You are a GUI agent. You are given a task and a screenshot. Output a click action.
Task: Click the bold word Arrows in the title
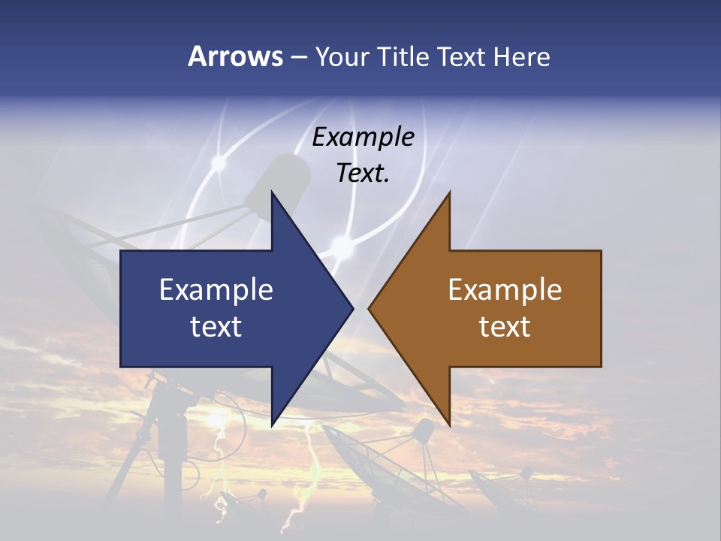point(235,56)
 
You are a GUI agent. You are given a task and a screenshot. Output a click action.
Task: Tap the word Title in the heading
point(405,56)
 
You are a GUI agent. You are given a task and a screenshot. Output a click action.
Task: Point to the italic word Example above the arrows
point(364,137)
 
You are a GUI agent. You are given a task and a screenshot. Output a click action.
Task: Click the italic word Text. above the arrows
point(364,173)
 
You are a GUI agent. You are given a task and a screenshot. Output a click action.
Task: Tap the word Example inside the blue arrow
point(216,289)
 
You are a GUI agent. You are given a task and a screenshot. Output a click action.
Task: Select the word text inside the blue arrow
point(216,326)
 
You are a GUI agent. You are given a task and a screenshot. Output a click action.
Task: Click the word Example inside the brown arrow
point(505,289)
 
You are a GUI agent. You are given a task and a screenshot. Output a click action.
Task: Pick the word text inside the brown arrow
point(505,326)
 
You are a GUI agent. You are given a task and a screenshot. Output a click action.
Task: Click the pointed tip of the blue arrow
point(353,308)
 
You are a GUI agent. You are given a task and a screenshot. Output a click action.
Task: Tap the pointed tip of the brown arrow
point(369,308)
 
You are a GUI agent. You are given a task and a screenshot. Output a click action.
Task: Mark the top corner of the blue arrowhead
point(272,192)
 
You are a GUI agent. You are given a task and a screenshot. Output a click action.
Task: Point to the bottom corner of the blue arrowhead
point(272,426)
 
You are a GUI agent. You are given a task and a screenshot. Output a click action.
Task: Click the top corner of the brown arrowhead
point(449,192)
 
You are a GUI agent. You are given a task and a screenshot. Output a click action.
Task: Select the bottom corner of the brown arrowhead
point(449,426)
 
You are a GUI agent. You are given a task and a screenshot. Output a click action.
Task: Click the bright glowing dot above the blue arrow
point(219,161)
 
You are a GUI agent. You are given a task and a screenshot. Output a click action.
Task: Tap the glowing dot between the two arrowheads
point(342,245)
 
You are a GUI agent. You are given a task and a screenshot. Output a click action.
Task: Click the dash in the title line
point(298,57)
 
